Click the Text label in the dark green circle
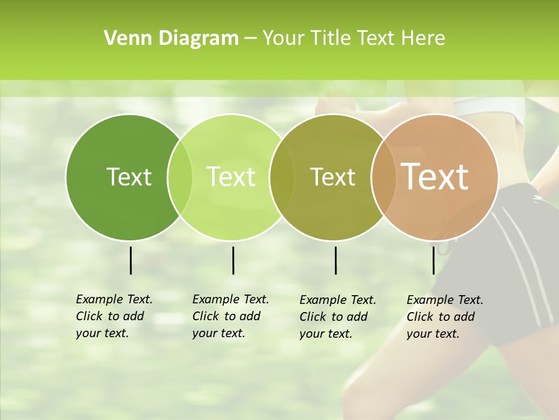129,177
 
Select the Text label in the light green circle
231,177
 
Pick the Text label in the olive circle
332,177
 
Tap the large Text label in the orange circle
435,177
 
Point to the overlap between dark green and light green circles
180,177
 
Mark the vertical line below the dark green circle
130,260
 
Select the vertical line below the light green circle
233,260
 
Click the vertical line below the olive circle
335,260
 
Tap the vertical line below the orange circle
433,260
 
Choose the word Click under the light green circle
206,317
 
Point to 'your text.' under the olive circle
326,334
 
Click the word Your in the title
282,38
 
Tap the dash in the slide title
250,38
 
